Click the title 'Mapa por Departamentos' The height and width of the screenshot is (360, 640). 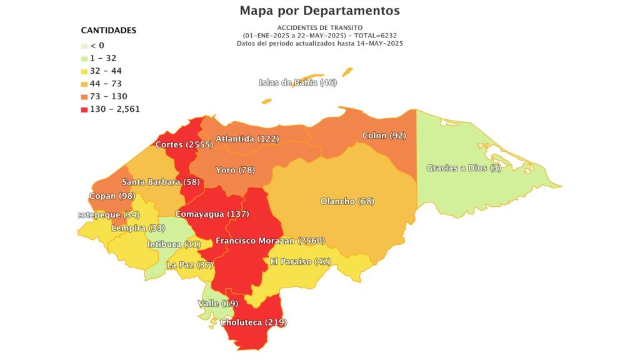(319, 11)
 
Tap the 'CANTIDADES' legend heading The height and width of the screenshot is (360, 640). (109, 31)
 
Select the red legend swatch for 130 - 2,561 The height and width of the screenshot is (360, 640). (84, 109)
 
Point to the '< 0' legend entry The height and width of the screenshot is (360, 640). (97, 45)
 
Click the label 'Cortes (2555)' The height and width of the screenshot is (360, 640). (184, 144)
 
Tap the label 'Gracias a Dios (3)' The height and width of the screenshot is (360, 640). (464, 168)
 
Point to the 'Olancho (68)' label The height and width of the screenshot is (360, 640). (347, 201)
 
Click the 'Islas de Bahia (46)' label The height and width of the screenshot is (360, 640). (297, 82)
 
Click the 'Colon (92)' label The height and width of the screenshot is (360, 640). (384, 136)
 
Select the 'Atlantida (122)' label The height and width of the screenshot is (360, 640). (247, 139)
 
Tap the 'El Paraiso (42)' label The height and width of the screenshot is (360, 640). (300, 261)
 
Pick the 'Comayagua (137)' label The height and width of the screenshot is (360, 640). (211, 214)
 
